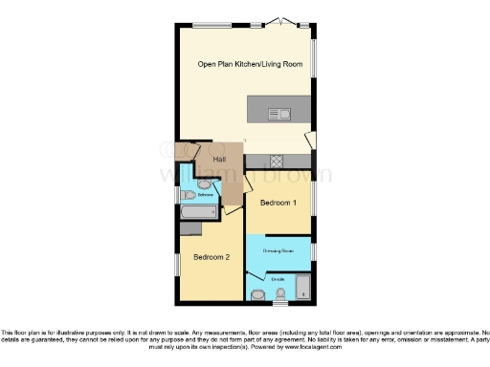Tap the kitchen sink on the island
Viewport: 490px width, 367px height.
pyautogui.click(x=283, y=115)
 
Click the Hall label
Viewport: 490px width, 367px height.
pyautogui.click(x=219, y=159)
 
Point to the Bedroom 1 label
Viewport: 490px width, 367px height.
pyautogui.click(x=279, y=203)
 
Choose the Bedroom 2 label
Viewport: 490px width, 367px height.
pyautogui.click(x=212, y=257)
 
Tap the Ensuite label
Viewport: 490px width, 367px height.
pyautogui.click(x=278, y=279)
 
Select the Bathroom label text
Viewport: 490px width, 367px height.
pyautogui.click(x=205, y=195)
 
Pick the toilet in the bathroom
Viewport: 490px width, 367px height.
pyautogui.click(x=189, y=196)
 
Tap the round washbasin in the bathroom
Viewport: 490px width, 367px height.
pyautogui.click(x=205, y=183)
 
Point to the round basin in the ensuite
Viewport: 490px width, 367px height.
pyautogui.click(x=257, y=294)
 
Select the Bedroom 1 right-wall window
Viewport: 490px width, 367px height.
pyautogui.click(x=313, y=193)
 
